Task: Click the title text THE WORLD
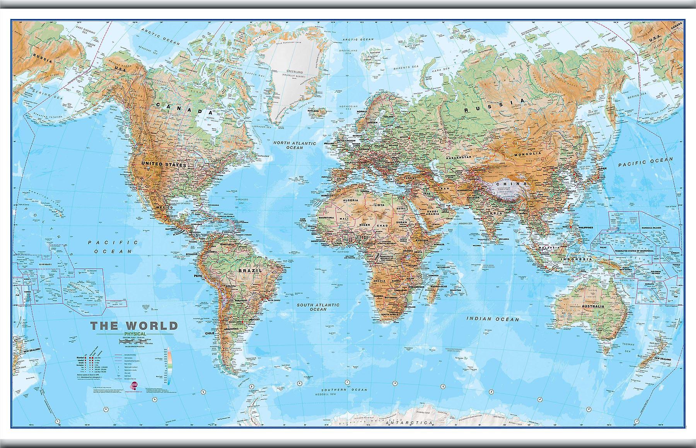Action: click(134, 325)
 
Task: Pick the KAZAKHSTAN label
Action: click(458, 158)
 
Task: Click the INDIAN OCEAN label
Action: click(492, 319)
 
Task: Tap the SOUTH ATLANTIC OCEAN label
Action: click(318, 307)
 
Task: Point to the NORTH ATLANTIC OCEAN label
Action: click(295, 145)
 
